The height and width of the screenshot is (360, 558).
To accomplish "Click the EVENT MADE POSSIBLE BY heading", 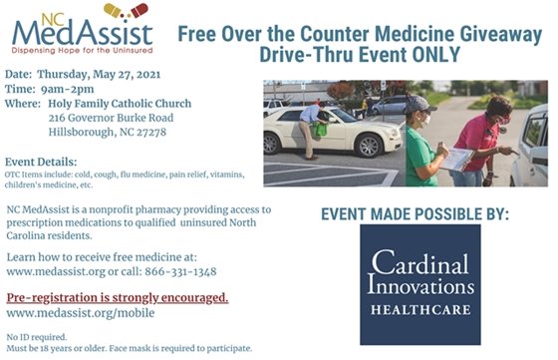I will pyautogui.click(x=415, y=213).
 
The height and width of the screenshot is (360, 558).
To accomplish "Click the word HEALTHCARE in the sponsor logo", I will pyautogui.click(x=419, y=308).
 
